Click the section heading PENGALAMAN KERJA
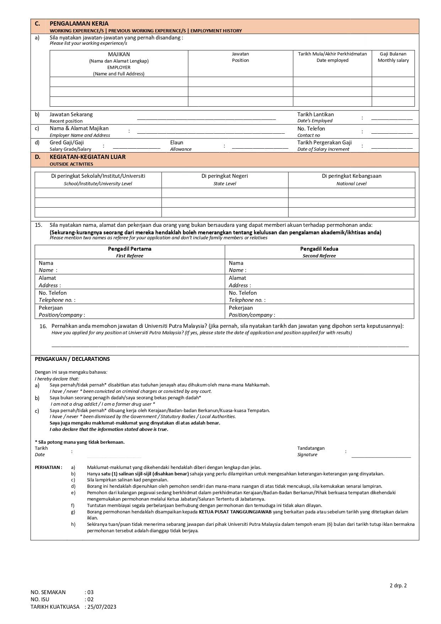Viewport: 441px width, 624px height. point(79,24)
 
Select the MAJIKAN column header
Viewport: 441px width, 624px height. point(119,54)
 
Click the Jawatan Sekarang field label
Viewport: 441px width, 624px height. point(71,114)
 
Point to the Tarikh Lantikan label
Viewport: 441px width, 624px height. point(315,114)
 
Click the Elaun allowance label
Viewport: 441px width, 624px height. point(177,143)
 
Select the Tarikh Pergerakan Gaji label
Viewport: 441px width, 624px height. point(324,143)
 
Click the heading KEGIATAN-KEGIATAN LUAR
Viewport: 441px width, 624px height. point(87,157)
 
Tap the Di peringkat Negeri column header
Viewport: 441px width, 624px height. point(225,176)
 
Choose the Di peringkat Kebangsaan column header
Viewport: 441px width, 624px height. point(351,176)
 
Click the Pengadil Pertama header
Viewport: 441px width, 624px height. point(129,249)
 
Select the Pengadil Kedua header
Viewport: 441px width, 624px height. point(319,249)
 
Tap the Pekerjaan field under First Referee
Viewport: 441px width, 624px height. point(50,308)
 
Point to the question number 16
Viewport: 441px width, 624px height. point(43,326)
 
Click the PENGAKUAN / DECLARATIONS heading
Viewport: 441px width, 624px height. point(72,359)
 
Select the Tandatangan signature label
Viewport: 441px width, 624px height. point(311,448)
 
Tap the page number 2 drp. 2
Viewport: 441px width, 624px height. point(398,586)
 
